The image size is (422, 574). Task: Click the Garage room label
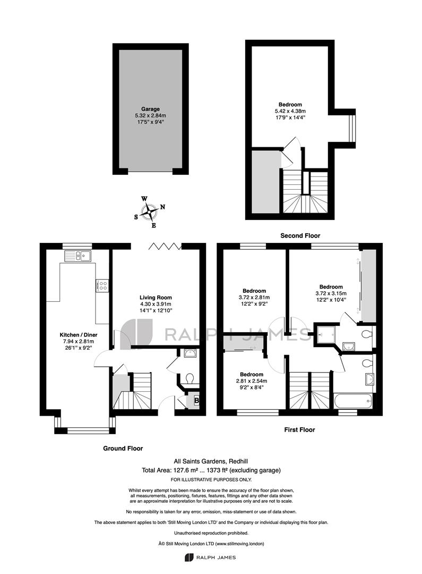click(150, 109)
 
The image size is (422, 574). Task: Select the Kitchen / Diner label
click(79, 335)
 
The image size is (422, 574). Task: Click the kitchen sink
click(78, 256)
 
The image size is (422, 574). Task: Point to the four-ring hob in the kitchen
click(102, 285)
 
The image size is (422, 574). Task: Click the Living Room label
click(156, 298)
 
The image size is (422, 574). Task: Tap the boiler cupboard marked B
click(194, 401)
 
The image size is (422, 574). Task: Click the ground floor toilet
click(190, 378)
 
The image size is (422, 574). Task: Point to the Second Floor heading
click(300, 236)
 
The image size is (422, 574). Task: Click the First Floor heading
click(299, 430)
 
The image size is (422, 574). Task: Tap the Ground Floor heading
click(123, 449)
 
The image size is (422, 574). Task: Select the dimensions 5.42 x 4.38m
click(290, 111)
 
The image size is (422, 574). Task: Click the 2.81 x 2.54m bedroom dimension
click(252, 381)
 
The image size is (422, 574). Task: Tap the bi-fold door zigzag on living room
click(165, 246)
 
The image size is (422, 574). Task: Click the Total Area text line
click(211, 470)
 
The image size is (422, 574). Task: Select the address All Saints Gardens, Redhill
click(211, 462)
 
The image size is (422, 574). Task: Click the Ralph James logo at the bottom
click(210, 558)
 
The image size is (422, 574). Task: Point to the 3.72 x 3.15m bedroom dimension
click(331, 293)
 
